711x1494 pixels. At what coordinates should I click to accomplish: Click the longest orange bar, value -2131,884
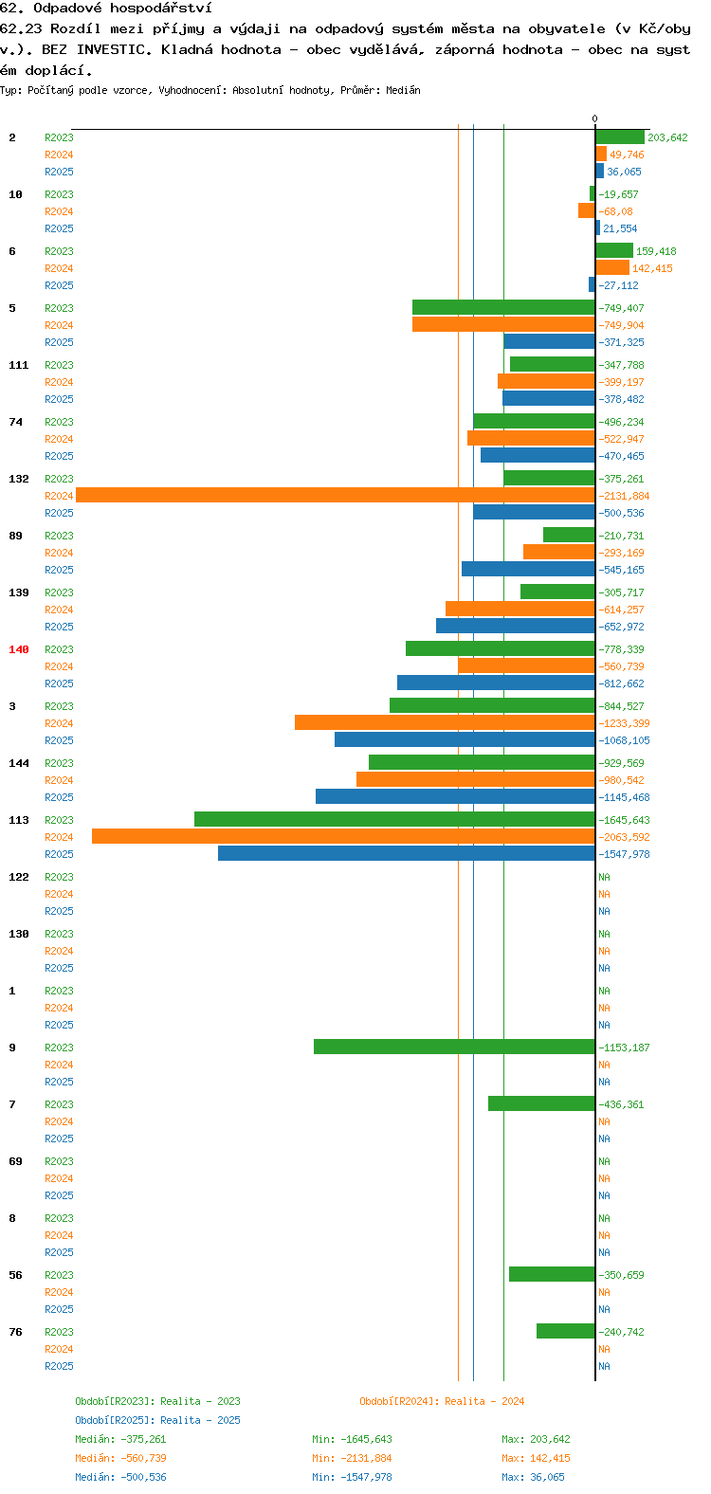[x=336, y=495]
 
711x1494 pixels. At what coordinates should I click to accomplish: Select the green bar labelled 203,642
[x=620, y=137]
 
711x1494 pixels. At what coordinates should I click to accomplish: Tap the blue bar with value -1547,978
[x=406, y=853]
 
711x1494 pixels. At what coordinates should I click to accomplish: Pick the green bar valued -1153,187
[x=454, y=1047]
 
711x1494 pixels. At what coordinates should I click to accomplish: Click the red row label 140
[x=19, y=649]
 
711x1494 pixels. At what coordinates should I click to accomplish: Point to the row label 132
[x=19, y=479]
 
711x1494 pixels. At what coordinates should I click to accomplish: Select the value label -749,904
[x=621, y=325]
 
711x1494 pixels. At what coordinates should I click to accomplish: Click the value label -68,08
[x=615, y=211]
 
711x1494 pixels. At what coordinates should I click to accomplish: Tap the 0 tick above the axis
[x=595, y=118]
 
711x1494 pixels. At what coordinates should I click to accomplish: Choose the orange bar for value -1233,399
[x=445, y=722]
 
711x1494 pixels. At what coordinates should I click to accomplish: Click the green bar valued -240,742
[x=566, y=1331]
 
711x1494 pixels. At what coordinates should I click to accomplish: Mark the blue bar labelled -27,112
[x=592, y=284]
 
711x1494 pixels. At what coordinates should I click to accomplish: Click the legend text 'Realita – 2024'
[x=484, y=1401]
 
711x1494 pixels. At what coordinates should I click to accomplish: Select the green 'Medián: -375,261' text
[x=120, y=1439]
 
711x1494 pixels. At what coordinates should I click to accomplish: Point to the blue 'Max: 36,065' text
[x=533, y=1477]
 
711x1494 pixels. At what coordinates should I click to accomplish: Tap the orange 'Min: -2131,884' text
[x=352, y=1458]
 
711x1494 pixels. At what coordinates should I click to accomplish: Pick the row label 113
[x=19, y=820]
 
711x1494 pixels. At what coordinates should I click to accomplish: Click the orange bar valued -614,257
[x=520, y=609]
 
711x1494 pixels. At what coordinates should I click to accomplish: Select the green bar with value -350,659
[x=553, y=1274]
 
